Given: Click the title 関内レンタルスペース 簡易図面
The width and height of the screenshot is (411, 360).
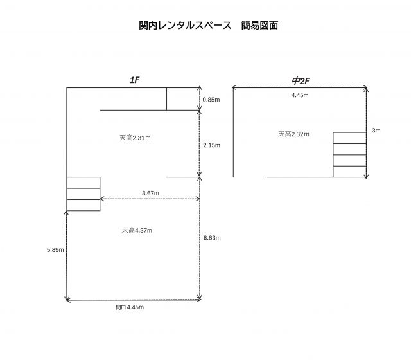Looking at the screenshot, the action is point(208,26).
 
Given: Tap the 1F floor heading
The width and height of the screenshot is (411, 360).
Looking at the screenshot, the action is point(134,80).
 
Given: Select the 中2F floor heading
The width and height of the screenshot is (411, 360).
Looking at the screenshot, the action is point(301,81).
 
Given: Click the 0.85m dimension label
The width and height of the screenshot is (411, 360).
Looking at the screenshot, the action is point(211,100).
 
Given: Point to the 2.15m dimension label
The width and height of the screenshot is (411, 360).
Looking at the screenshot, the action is point(211,145).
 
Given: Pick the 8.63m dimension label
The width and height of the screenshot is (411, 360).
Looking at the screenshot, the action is point(212,238).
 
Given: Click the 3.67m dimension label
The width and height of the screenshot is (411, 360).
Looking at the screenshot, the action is point(150,193).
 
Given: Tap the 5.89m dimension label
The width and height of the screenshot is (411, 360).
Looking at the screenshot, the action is point(55,250).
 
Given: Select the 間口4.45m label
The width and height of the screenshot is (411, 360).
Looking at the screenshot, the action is point(130,307).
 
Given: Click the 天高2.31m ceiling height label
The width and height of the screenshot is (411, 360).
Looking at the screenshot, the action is point(135,138).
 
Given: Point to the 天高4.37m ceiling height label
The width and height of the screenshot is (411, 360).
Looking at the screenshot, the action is point(137,230).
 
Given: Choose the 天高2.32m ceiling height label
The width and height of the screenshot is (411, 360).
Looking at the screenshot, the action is point(293,134).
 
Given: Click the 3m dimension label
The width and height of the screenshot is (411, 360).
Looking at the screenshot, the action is point(376,130).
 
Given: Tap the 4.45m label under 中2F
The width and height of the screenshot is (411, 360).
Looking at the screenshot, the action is point(300,95).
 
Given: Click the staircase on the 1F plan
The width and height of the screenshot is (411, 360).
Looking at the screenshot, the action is point(83,194).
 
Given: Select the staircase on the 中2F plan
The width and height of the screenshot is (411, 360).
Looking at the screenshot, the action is point(349,155).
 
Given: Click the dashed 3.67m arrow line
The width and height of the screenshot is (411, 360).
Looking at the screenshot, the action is point(150,199).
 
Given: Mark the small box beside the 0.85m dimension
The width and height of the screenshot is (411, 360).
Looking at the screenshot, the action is point(183,99).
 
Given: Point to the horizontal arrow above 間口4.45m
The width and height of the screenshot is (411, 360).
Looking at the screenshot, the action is point(133,300).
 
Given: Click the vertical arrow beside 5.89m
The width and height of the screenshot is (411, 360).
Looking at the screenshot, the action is point(66,255).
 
